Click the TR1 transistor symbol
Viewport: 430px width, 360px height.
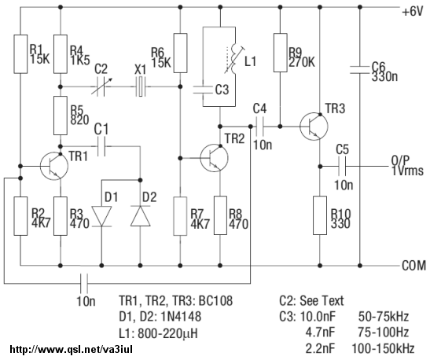pos(54,166)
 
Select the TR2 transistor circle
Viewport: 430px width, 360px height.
pos(214,158)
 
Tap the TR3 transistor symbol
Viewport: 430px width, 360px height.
pos(314,126)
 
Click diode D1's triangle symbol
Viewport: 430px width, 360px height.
pos(101,216)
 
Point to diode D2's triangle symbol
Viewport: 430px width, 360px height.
pos(141,216)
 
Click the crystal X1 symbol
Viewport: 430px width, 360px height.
pos(141,86)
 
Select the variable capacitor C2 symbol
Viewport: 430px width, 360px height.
pos(101,86)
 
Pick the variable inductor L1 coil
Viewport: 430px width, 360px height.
pos(234,60)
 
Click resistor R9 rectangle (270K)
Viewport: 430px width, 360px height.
pos(281,53)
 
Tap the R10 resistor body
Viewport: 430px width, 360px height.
pos(320,215)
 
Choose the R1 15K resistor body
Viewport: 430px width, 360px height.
pos(20,54)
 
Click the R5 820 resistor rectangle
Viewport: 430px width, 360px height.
pos(61,116)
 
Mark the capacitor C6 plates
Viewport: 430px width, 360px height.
pos(360,70)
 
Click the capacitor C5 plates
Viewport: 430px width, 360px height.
pos(342,166)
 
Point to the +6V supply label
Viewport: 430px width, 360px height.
pos(413,12)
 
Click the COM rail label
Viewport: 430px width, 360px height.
pos(414,266)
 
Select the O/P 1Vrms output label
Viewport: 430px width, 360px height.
pos(407,167)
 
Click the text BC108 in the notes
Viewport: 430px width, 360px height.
pos(215,300)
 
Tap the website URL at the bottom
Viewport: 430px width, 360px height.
pos(72,350)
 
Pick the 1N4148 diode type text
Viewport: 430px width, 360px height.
pos(181,317)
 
